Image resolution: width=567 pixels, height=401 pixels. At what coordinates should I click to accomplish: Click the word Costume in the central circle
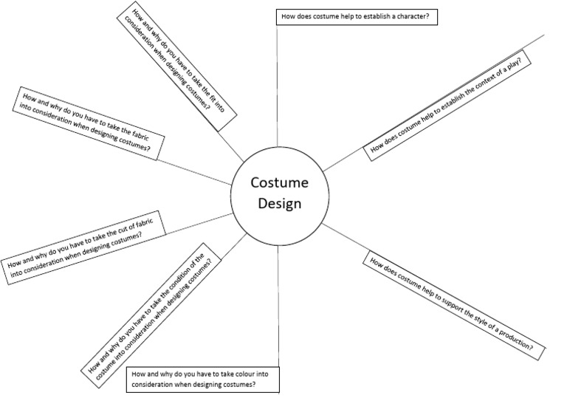coord(278,183)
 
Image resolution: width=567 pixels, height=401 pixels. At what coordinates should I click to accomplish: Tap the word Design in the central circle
coord(278,204)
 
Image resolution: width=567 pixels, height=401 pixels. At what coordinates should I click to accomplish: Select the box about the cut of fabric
coord(83,246)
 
